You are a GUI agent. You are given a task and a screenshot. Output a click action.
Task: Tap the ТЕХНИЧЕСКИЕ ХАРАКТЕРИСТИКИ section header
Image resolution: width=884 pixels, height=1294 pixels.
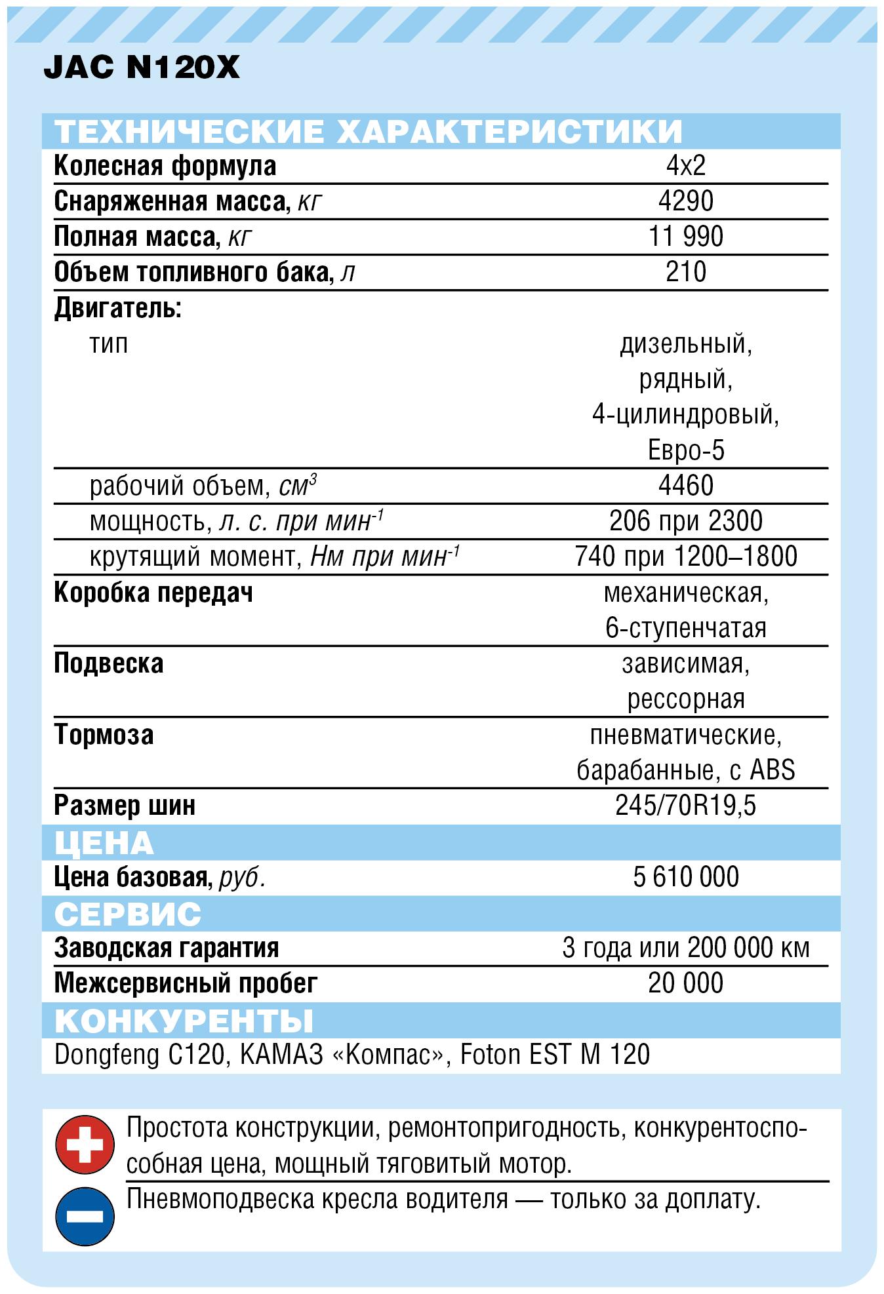pos(368,131)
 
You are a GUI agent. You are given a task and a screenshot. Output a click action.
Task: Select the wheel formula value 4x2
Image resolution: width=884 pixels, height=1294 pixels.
pos(685,166)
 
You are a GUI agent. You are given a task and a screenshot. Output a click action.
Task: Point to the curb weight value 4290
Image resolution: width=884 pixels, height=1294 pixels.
pos(685,201)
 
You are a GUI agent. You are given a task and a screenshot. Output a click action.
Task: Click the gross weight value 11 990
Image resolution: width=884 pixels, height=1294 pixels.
pos(685,237)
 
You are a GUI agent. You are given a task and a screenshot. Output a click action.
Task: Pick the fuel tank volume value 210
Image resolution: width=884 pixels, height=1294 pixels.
pos(685,272)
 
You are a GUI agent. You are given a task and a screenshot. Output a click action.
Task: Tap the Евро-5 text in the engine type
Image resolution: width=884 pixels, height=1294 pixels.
pos(685,450)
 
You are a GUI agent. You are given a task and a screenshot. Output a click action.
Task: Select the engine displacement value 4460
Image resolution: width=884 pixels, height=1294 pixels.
pos(685,486)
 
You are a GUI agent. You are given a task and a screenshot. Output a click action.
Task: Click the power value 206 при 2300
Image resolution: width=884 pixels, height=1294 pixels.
pos(685,521)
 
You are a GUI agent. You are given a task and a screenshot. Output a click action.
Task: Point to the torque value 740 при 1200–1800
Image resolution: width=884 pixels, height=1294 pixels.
pos(685,557)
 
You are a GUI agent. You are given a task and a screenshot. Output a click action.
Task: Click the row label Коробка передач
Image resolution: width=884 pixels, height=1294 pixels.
pos(153,593)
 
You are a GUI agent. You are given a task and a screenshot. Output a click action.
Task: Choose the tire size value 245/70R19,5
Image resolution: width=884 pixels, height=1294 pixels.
pos(685,805)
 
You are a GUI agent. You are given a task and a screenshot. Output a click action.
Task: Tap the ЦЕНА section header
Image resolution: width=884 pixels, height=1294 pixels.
pos(104,842)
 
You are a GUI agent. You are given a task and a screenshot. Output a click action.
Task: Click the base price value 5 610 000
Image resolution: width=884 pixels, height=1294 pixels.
pos(685,877)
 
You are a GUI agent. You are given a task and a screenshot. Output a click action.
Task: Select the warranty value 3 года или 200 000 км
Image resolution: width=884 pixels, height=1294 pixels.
pos(685,948)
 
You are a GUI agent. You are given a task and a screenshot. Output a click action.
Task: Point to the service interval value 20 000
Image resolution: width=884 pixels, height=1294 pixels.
pos(685,983)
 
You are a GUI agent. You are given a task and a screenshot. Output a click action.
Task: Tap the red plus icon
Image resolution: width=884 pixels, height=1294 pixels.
pos(85,1146)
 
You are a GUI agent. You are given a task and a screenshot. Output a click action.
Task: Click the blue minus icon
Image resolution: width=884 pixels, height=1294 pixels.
pos(85,1217)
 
